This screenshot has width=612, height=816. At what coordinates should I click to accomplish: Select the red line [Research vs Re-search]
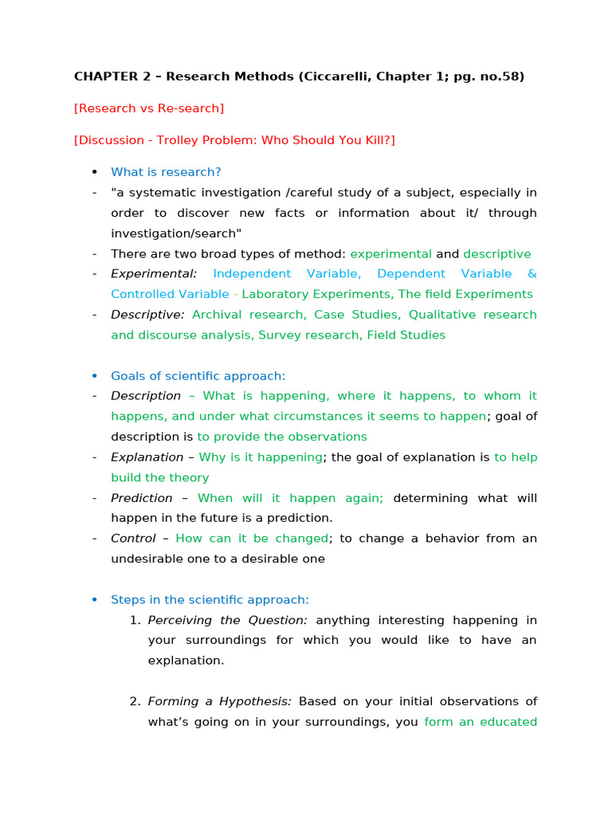(x=149, y=108)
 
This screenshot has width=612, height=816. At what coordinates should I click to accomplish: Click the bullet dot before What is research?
(x=94, y=172)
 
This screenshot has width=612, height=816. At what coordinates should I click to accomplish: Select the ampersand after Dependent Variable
(x=532, y=274)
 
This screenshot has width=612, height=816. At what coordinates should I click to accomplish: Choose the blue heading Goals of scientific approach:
(x=198, y=376)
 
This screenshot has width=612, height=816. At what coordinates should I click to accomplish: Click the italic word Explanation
(x=147, y=457)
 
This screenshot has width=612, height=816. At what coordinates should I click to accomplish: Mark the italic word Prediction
(x=141, y=498)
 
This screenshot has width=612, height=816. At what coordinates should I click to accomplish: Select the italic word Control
(x=133, y=539)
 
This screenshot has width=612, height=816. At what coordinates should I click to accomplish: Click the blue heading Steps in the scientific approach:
(x=210, y=600)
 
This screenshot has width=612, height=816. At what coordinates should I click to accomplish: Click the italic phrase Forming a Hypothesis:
(x=220, y=702)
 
